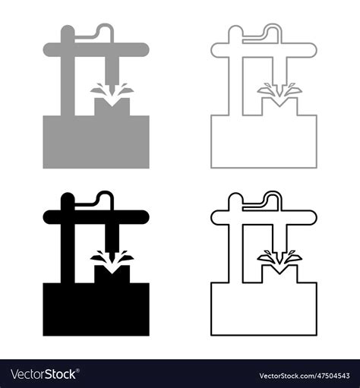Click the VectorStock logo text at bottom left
(43, 374)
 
